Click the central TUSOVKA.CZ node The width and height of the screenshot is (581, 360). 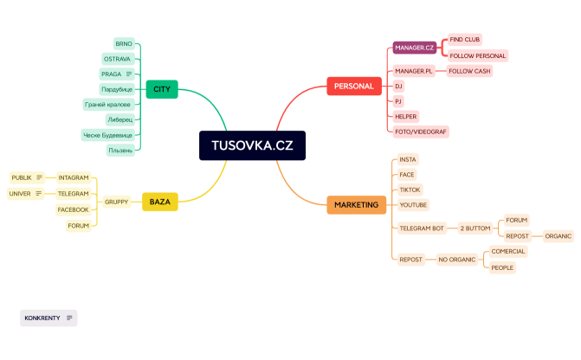coord(252,145)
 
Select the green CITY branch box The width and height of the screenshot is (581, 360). coord(162,89)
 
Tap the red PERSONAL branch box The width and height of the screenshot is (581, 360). coord(353,86)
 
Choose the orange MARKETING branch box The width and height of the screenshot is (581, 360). coord(356,205)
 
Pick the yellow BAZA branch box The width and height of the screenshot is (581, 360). coord(159,202)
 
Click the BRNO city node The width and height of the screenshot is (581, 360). coord(124,43)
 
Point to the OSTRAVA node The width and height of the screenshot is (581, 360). coord(117,59)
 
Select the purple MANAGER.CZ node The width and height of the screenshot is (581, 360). coord(414,48)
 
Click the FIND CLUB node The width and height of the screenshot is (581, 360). coord(465,40)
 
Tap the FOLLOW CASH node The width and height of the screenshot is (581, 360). coord(469,71)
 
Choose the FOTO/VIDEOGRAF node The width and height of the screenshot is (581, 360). coord(422,132)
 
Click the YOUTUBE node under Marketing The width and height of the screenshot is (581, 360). coord(413,204)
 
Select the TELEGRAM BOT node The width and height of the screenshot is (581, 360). coord(422,228)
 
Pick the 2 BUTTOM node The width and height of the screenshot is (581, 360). coord(475,228)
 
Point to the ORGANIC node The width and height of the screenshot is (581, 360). coord(558,235)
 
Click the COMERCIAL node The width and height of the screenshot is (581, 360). coord(508,251)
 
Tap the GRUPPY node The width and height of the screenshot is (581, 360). coord(116,202)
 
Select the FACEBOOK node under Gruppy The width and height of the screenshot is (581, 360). coord(73,209)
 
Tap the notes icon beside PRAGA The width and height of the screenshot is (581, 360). coord(128,74)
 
